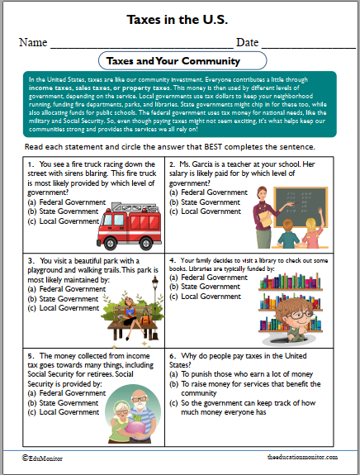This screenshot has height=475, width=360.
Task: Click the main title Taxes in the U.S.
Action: point(179,18)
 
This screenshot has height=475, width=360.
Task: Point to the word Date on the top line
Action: point(248,42)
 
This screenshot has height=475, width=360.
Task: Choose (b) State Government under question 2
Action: point(205,202)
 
